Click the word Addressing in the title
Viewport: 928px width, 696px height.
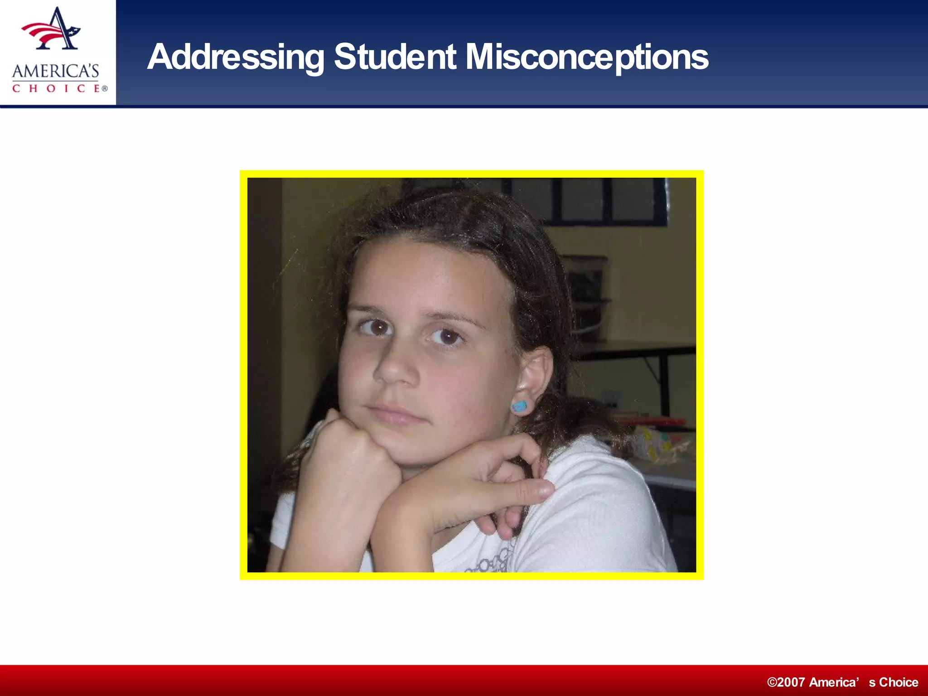pyautogui.click(x=236, y=57)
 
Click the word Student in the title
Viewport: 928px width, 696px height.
pyautogui.click(x=395, y=57)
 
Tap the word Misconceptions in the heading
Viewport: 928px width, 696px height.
pyautogui.click(x=587, y=57)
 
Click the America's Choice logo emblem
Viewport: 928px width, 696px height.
pyautogui.click(x=52, y=30)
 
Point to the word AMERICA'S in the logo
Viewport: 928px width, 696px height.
pyautogui.click(x=55, y=72)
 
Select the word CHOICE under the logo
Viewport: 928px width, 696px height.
pyautogui.click(x=55, y=88)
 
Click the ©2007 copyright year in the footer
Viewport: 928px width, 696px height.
pyautogui.click(x=786, y=682)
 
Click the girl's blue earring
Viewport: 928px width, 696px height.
pyautogui.click(x=520, y=406)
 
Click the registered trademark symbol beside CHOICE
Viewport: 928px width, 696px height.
pyautogui.click(x=105, y=89)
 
